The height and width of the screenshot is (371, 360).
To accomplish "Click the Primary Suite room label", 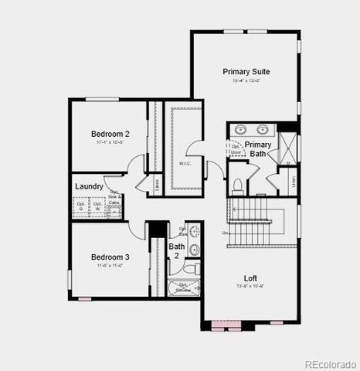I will [246, 71].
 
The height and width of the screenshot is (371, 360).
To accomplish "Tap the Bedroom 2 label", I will [110, 134].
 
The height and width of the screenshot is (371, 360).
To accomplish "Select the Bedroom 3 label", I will [110, 257].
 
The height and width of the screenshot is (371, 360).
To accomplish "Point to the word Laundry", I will [89, 186].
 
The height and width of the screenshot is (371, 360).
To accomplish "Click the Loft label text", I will [250, 278].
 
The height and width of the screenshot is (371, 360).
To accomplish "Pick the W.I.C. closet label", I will [185, 163].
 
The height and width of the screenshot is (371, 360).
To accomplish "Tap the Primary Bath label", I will [258, 149].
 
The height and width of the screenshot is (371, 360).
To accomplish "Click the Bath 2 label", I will [176, 250].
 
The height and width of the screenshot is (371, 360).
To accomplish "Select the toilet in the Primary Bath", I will [238, 185].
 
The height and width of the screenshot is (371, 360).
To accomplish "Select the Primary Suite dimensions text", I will [246, 81].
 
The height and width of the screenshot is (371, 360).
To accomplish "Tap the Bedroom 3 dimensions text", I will [110, 266].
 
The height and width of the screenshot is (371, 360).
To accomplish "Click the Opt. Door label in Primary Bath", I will [235, 148].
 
